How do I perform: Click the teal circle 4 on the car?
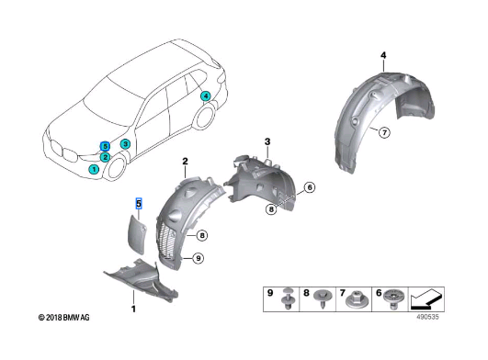point(206,96)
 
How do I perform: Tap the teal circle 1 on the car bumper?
point(94,169)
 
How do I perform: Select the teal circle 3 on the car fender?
point(125,144)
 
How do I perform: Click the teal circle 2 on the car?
point(105,157)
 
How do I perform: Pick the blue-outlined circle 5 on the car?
point(105,146)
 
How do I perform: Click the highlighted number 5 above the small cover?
point(139,204)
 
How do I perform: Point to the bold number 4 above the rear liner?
point(383,55)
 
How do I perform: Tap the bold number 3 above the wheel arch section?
point(267,142)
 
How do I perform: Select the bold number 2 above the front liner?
point(185,162)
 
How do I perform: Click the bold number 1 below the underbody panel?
point(133,309)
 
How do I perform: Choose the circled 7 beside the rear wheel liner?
point(385,133)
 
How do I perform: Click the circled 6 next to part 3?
point(310,187)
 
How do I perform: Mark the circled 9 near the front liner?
point(199,258)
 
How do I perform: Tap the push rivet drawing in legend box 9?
point(289,298)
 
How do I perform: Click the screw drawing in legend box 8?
point(323,298)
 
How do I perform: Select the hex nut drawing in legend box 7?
point(357,299)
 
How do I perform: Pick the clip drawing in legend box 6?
point(393,298)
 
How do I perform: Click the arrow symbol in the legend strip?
point(426,299)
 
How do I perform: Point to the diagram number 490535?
point(428,317)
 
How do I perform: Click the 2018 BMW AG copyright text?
point(63,318)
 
